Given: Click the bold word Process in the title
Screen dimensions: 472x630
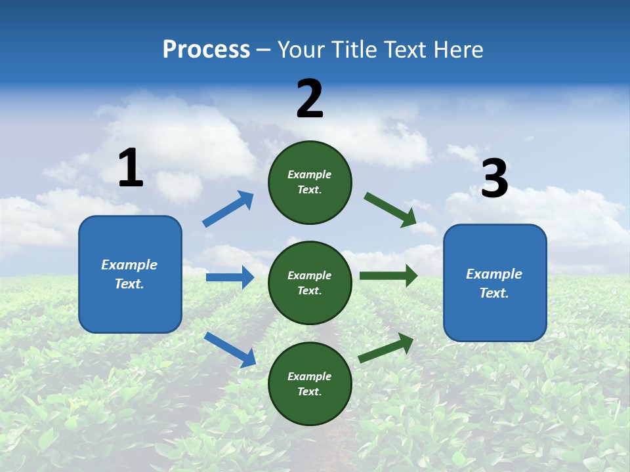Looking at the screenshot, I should pos(206,50).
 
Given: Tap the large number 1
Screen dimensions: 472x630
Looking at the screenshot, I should pos(131,168).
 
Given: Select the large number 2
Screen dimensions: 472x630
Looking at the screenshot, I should pos(310,99).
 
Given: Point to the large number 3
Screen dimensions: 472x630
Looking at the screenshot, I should pos(495,179).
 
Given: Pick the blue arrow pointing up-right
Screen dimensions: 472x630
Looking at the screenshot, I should pos(228,209).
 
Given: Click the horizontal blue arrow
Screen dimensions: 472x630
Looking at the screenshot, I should pos(230,277).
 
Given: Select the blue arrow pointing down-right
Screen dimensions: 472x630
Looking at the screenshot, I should pos(230,349).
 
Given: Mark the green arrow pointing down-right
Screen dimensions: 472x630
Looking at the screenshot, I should pos(390,210).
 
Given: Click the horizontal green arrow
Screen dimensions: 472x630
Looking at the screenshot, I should pos(388,276).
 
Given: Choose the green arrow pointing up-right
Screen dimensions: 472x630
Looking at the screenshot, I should pos(387,347).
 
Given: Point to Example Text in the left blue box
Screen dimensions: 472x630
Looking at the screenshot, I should pos(129,274).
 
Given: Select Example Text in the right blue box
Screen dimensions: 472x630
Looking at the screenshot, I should pos(494,283).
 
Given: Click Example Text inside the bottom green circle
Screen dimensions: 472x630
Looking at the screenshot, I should pos(309,383).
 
